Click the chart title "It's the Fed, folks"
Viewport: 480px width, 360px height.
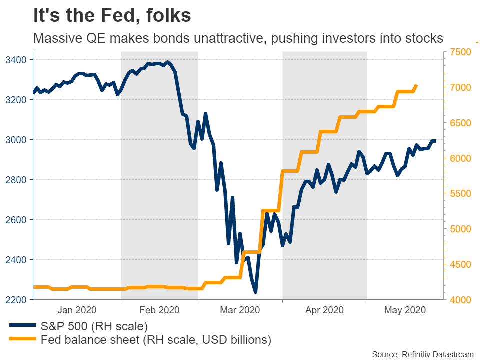pyautogui.click(x=112, y=16)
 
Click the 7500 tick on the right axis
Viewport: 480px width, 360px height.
pyautogui.click(x=461, y=52)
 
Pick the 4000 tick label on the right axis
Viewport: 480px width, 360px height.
pyautogui.click(x=461, y=300)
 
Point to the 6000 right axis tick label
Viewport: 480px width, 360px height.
pyautogui.click(x=461, y=158)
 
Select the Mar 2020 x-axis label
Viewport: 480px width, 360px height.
pyautogui.click(x=240, y=310)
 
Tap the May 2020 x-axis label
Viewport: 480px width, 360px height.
pyautogui.click(x=405, y=310)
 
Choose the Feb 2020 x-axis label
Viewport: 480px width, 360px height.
pyautogui.click(x=158, y=310)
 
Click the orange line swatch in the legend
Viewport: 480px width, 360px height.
pyautogui.click(x=23, y=340)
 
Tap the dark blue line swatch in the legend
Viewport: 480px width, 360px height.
pyautogui.click(x=23, y=327)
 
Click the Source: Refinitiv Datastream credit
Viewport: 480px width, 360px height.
pyautogui.click(x=423, y=354)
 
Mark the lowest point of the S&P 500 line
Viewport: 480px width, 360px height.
pyautogui.click(x=255, y=291)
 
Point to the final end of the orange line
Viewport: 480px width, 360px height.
pyautogui.click(x=416, y=86)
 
